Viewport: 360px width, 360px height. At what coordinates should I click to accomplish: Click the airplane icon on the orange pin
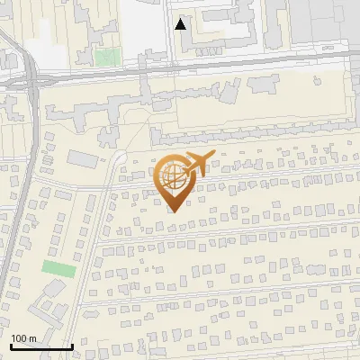pyautogui.click(x=197, y=163)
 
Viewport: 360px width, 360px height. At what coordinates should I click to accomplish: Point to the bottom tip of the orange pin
pyautogui.click(x=173, y=211)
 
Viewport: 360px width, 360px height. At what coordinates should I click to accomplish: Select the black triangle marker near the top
pyautogui.click(x=181, y=24)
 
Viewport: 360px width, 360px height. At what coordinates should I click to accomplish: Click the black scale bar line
pyautogui.click(x=40, y=346)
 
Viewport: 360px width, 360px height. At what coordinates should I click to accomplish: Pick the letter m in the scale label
pyautogui.click(x=32, y=338)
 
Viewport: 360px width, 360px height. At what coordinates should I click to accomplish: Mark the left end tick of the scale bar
pyautogui.click(x=10, y=345)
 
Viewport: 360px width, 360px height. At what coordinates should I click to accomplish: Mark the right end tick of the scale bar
pyautogui.click(x=72, y=345)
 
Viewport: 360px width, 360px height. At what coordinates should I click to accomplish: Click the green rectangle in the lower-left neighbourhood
pyautogui.click(x=58, y=268)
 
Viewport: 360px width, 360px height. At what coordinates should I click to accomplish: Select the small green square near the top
pyautogui.click(x=107, y=57)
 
